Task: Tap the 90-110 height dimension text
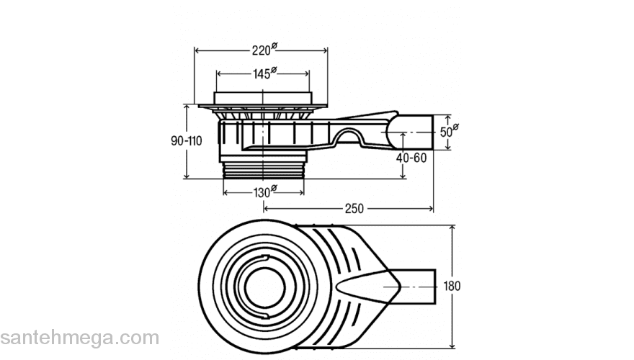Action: click(x=186, y=141)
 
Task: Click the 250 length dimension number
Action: click(x=354, y=208)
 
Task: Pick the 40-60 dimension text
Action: click(x=411, y=157)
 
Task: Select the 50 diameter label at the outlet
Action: click(x=448, y=132)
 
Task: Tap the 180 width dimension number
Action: click(x=452, y=286)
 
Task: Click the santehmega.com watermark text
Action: click(x=79, y=337)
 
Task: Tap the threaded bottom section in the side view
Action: click(x=263, y=171)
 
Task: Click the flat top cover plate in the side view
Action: click(x=263, y=99)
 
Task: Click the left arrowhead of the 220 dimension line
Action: click(x=197, y=50)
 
